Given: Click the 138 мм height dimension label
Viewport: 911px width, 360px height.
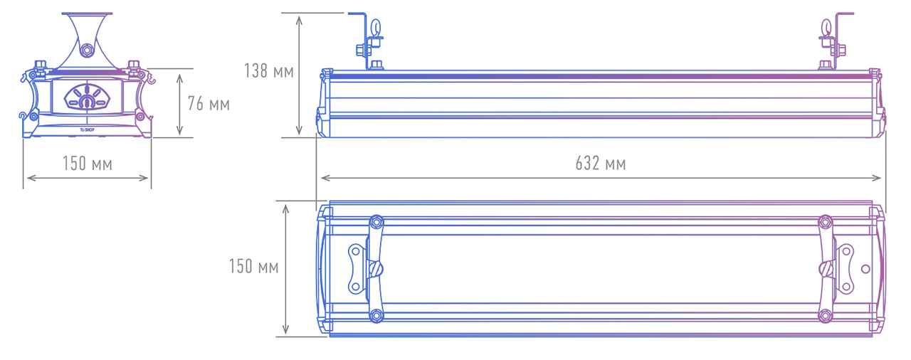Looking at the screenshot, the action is pyautogui.click(x=269, y=71).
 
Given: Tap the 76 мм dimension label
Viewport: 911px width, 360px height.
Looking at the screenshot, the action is pyautogui.click(x=209, y=104).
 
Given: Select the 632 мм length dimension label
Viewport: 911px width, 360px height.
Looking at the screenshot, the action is pyautogui.click(x=601, y=164).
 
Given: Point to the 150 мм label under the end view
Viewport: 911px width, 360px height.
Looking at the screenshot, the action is pyautogui.click(x=88, y=164).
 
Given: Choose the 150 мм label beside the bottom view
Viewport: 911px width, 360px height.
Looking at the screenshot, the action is pyautogui.click(x=254, y=267).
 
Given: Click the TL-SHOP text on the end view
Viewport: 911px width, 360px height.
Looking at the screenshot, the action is pyautogui.click(x=87, y=130).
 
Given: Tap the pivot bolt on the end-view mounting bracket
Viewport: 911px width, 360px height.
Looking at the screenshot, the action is pyautogui.click(x=86, y=51).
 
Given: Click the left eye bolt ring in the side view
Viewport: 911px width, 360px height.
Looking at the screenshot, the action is pyautogui.click(x=376, y=28).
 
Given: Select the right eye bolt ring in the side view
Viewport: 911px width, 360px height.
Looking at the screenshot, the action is pyautogui.click(x=826, y=28).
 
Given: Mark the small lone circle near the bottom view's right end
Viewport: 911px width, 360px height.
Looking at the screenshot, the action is pyautogui.click(x=865, y=269).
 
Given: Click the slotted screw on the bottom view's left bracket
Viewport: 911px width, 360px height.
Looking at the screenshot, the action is pyautogui.click(x=375, y=269).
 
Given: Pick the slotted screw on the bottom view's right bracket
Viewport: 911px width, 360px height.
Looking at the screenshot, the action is pyautogui.click(x=826, y=269).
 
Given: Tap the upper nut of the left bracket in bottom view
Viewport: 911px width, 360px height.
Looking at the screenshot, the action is pyautogui.click(x=376, y=222).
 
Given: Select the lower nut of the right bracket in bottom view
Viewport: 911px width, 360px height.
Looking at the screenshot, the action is pyautogui.click(x=825, y=315).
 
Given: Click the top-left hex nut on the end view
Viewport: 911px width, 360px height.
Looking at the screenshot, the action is pyautogui.click(x=41, y=65).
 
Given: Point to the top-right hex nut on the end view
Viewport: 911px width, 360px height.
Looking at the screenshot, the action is pyautogui.click(x=133, y=65).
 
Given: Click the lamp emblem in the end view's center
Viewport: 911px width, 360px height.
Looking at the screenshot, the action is pyautogui.click(x=87, y=97).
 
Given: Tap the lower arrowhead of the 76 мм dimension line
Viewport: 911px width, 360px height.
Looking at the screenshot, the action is pyautogui.click(x=180, y=130).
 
